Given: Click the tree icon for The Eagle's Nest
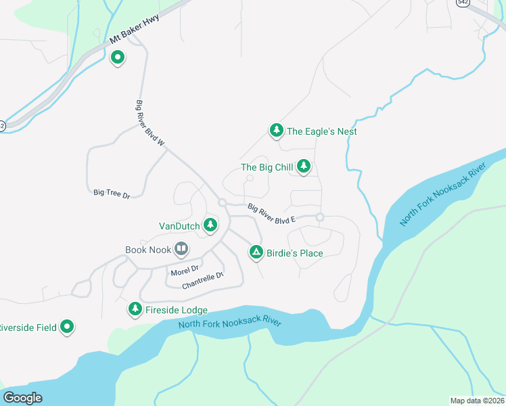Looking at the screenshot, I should pos(276,130).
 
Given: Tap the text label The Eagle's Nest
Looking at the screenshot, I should pos(322,131).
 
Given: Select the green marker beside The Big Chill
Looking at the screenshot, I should pos(304,166).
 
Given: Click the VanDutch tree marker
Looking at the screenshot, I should pos(210,224).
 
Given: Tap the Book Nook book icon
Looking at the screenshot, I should pos(181,249).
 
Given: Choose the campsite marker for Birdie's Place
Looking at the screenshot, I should pos(256,252).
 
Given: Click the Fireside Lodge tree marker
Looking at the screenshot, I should pos(135,309).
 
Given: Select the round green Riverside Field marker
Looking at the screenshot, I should pos(67,327).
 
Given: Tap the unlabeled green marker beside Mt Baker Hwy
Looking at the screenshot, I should pos(118,58).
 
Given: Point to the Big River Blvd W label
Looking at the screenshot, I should pos(150,124).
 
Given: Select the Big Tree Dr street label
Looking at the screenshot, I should pos(111,194).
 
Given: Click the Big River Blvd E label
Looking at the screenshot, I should pos(273,214).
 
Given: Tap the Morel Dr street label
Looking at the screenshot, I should pos(185,271).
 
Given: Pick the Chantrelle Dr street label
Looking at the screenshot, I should pos(202,281).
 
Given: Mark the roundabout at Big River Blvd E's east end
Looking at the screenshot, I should pos(320,217).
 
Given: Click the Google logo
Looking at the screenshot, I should pos(23,398).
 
